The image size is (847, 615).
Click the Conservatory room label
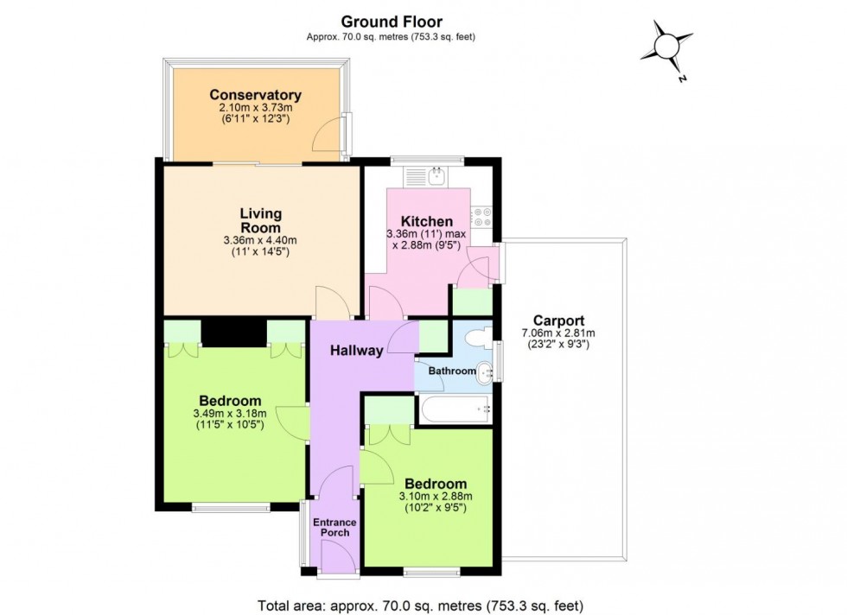[254, 95]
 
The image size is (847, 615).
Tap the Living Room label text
[260, 220]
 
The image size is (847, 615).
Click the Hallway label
[356, 351]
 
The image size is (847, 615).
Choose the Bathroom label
[453, 371]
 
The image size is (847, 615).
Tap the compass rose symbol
[667, 48]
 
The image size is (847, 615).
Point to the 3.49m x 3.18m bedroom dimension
[230, 414]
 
